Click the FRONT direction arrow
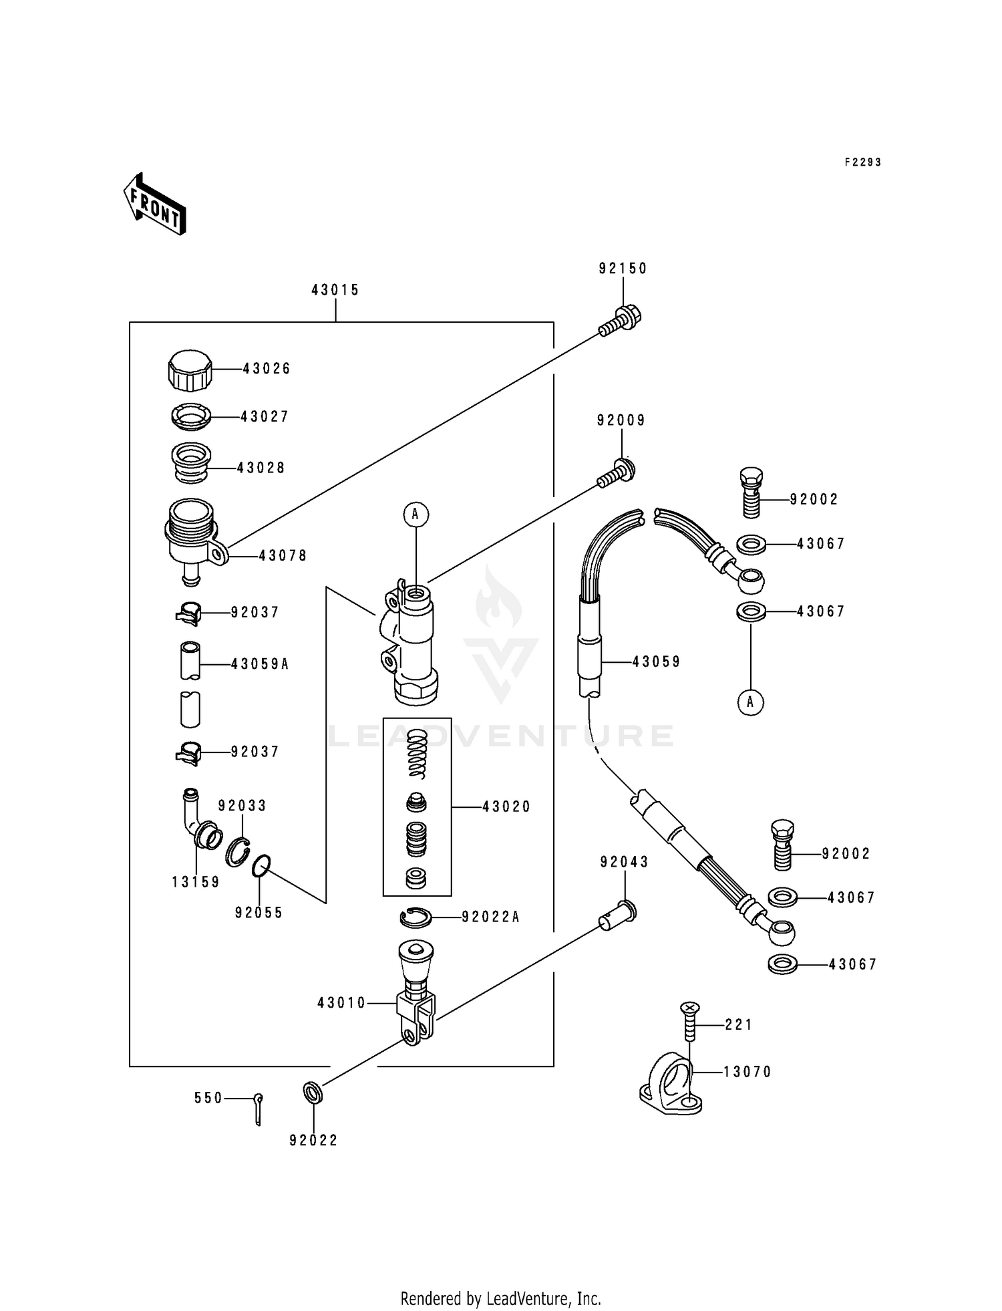[154, 204]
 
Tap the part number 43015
[335, 290]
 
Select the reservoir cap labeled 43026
[190, 370]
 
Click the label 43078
[283, 555]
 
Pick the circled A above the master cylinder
[415, 514]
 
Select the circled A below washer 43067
[750, 702]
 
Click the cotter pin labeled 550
[259, 1109]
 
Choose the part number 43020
[506, 807]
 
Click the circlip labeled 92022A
[415, 918]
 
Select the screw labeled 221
[690, 1023]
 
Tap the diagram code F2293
[863, 162]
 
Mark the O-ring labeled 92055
[261, 866]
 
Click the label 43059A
[260, 664]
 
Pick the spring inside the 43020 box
[417, 753]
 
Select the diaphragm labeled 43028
[192, 462]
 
